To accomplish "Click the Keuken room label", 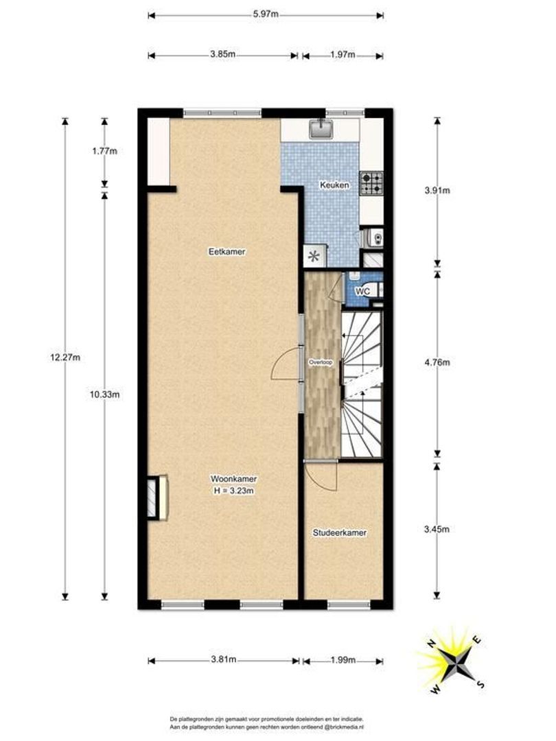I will [336, 185].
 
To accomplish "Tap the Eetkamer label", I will [227, 252].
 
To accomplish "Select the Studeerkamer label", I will [338, 532].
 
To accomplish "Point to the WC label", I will [362, 291].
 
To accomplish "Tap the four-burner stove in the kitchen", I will [373, 182].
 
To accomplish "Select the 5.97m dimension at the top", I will [265, 15].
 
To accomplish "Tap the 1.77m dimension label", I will [104, 152].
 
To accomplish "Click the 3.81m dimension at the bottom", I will [224, 660].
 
